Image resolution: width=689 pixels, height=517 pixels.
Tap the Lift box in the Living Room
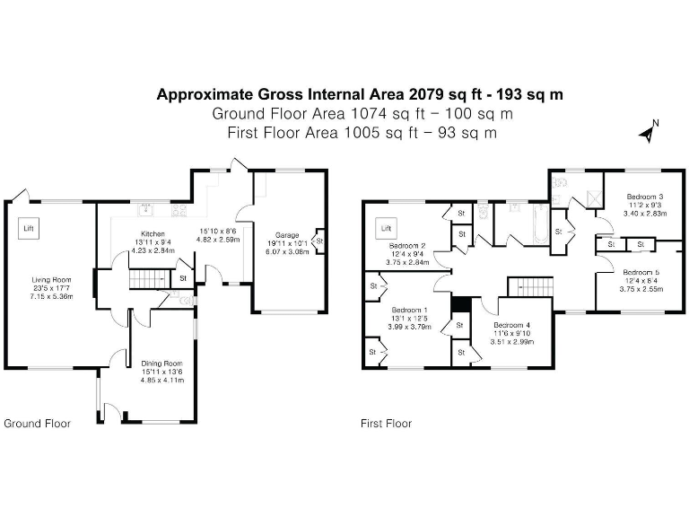pyautogui.click(x=30, y=229)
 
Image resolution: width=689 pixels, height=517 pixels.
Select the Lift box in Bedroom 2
pyautogui.click(x=387, y=229)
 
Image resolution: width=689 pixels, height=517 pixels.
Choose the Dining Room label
pyautogui.click(x=162, y=364)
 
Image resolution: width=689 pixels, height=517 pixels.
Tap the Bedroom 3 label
pyautogui.click(x=644, y=197)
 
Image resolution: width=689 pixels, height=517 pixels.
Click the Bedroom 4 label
pyautogui.click(x=510, y=325)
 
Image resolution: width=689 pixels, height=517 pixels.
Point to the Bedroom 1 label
pyautogui.click(x=408, y=310)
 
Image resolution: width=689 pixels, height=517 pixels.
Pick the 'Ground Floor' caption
pyautogui.click(x=38, y=423)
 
